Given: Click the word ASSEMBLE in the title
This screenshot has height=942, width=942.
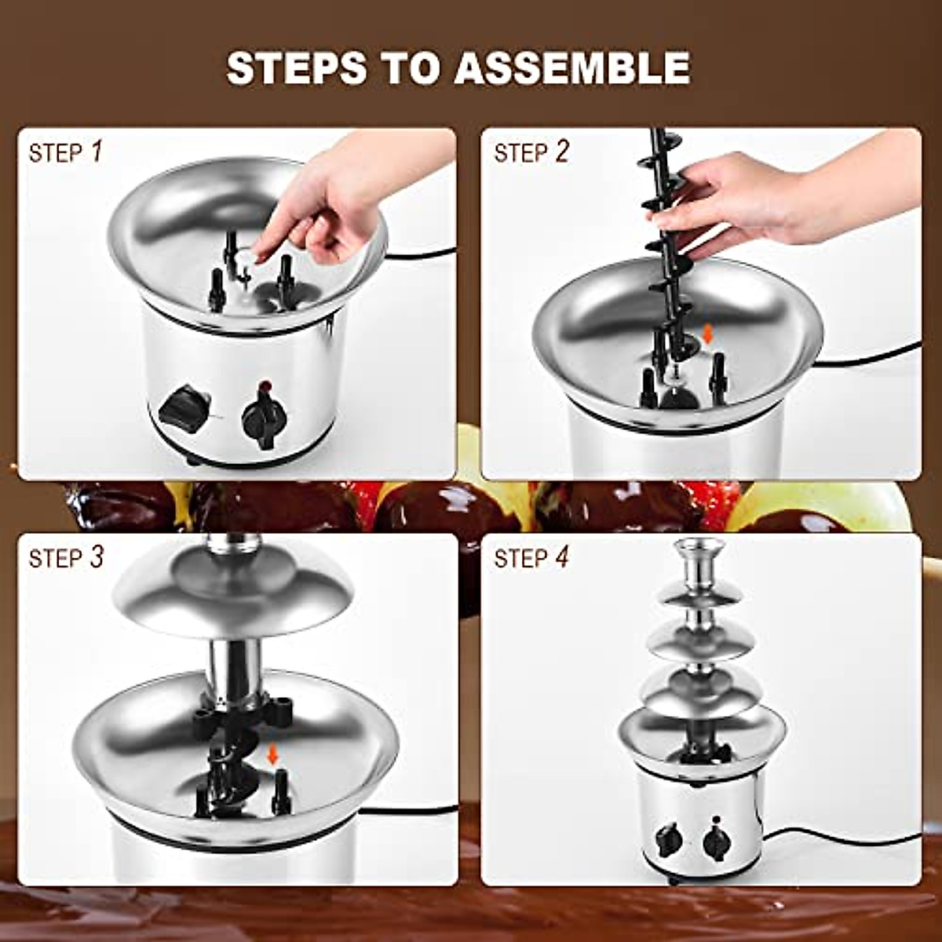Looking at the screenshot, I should [x=572, y=68].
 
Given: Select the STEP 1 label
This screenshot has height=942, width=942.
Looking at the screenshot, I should [x=66, y=152].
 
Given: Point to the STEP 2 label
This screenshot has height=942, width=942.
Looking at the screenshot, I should [x=531, y=152].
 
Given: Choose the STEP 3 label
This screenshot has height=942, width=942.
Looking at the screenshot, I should [x=66, y=558].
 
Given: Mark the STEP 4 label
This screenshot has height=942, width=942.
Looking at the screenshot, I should [x=531, y=558].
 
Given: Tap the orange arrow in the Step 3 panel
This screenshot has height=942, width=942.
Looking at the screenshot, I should [x=272, y=754].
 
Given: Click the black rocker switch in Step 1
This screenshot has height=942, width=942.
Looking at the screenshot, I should [x=183, y=406].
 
